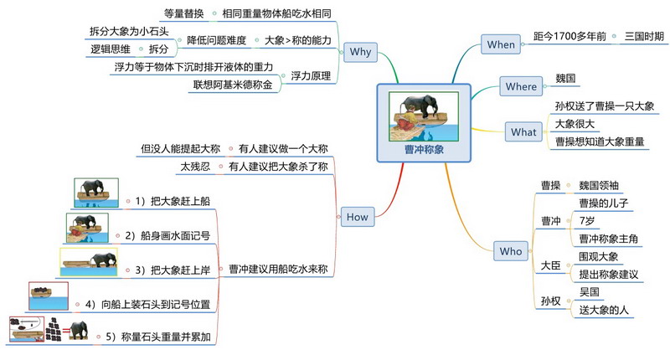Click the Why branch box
tap(361, 52)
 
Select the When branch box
tap(501, 44)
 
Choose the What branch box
tap(523, 131)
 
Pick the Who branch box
tap(510, 251)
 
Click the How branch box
tap(356, 217)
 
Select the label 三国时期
tap(644, 38)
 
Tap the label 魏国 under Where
tap(565, 79)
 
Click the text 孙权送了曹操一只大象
tap(604, 106)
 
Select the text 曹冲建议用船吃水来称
tap(277, 269)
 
